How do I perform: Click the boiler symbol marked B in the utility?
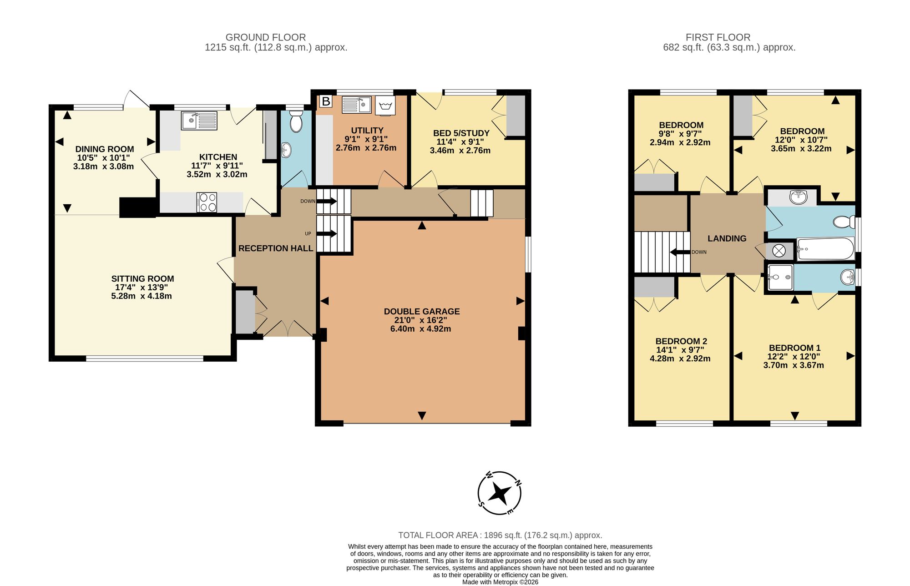326,101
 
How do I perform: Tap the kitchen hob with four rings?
207,202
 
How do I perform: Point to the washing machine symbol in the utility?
385,106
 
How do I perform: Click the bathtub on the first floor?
825,249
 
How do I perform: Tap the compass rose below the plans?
500,493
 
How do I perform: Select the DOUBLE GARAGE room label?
422,312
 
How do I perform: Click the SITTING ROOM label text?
142,279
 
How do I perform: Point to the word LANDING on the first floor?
727,238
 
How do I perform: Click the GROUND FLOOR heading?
266,37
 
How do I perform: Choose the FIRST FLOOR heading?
718,37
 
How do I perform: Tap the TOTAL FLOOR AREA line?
500,535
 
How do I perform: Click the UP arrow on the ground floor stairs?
327,234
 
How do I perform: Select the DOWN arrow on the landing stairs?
680,252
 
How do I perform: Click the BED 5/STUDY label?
461,133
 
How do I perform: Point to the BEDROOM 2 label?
681,341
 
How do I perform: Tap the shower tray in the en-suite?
780,277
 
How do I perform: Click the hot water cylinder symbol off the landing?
779,251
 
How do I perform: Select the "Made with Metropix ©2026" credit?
500,582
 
